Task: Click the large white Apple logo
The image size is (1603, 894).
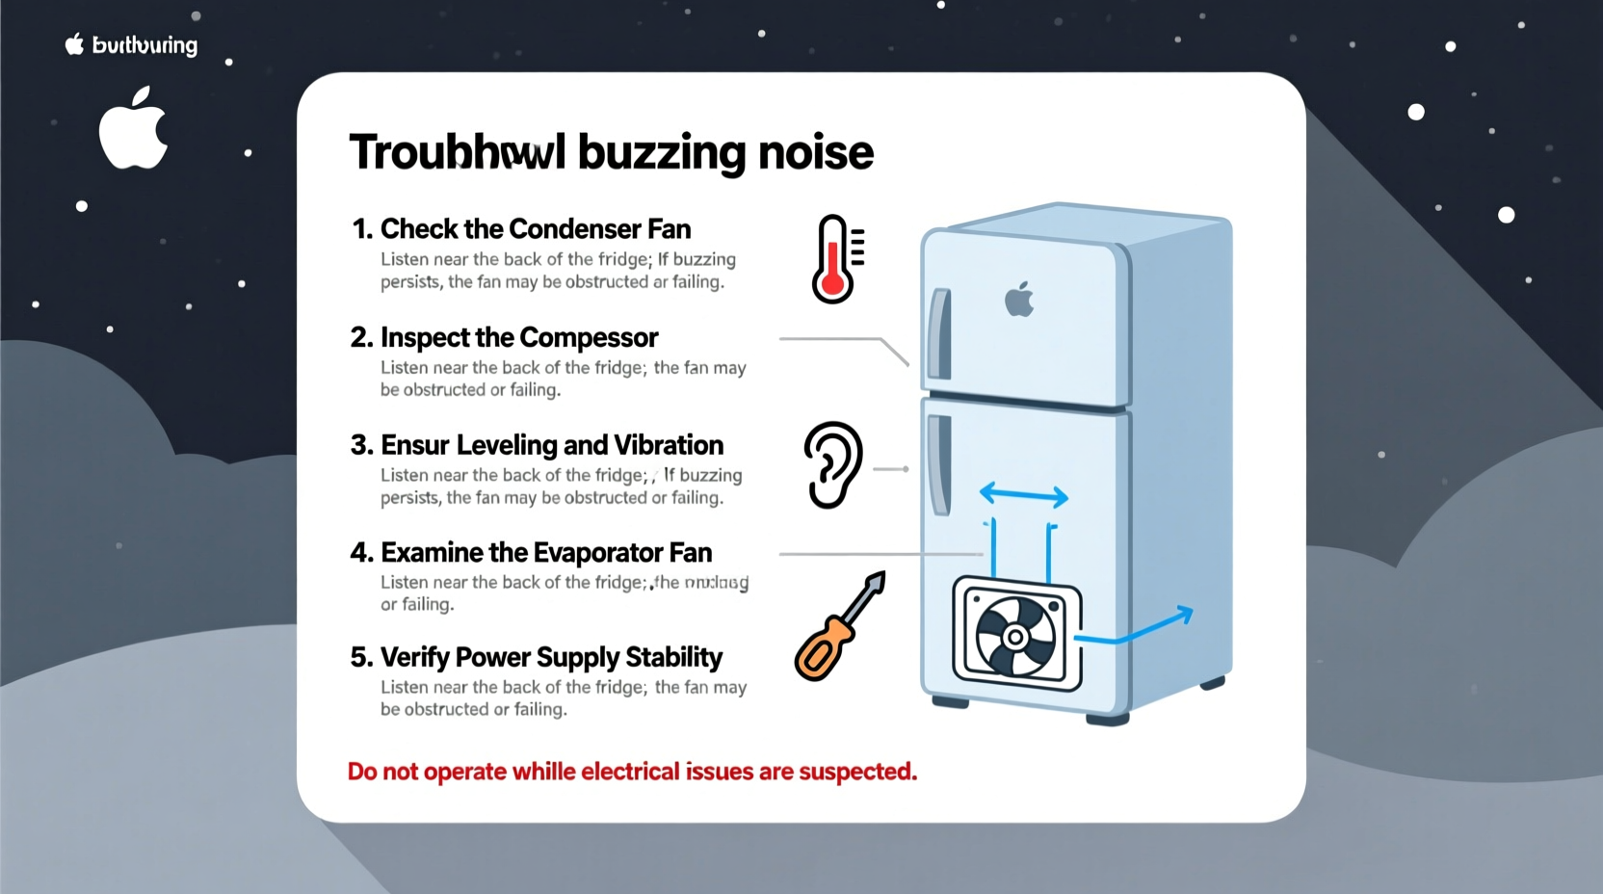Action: (133, 129)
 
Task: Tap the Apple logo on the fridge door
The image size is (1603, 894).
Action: (1019, 300)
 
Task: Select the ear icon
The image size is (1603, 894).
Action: (832, 463)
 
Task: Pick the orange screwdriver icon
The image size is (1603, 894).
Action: (837, 627)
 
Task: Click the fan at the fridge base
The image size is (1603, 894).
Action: (1015, 636)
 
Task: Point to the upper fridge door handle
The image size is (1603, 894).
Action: (939, 334)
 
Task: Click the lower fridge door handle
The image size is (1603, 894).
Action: (939, 464)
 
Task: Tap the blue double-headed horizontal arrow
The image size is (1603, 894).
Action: (1023, 496)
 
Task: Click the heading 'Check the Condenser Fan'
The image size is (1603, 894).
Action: (536, 229)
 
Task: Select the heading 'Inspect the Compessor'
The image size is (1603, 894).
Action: (519, 337)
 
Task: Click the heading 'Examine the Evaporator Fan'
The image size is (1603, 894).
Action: (546, 553)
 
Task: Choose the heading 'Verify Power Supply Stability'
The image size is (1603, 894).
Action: (551, 657)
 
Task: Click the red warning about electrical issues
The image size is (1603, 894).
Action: (632, 772)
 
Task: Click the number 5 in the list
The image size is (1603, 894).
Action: (360, 657)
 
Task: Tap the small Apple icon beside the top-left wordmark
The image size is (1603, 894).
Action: (74, 43)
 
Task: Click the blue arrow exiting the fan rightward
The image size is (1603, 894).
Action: (1137, 628)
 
